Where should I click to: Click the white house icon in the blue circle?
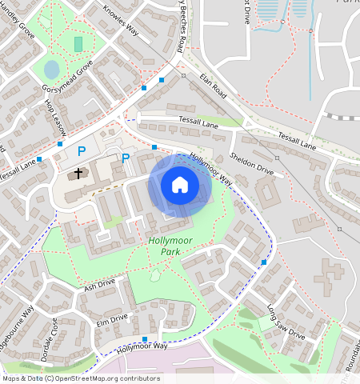(x=180, y=185)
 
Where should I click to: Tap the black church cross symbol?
(x=79, y=173)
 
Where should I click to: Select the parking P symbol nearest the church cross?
(x=81, y=150)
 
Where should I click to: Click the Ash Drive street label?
(x=99, y=284)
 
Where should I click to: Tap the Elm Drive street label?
(x=112, y=319)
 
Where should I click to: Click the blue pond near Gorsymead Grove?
(x=51, y=69)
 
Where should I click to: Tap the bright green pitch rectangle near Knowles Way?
(x=78, y=43)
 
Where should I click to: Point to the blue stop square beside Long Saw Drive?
(x=264, y=262)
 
